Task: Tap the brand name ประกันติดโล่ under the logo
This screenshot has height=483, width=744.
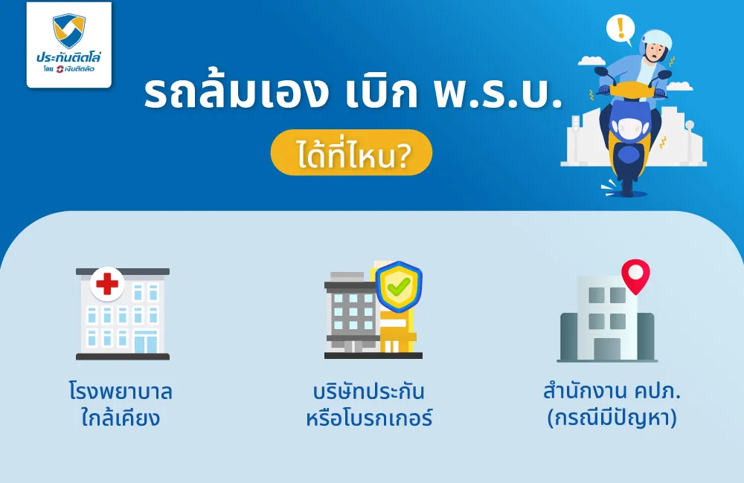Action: tap(68, 57)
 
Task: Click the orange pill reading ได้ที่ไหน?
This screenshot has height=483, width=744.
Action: tap(350, 153)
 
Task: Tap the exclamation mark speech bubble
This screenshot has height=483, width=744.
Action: tap(619, 29)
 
